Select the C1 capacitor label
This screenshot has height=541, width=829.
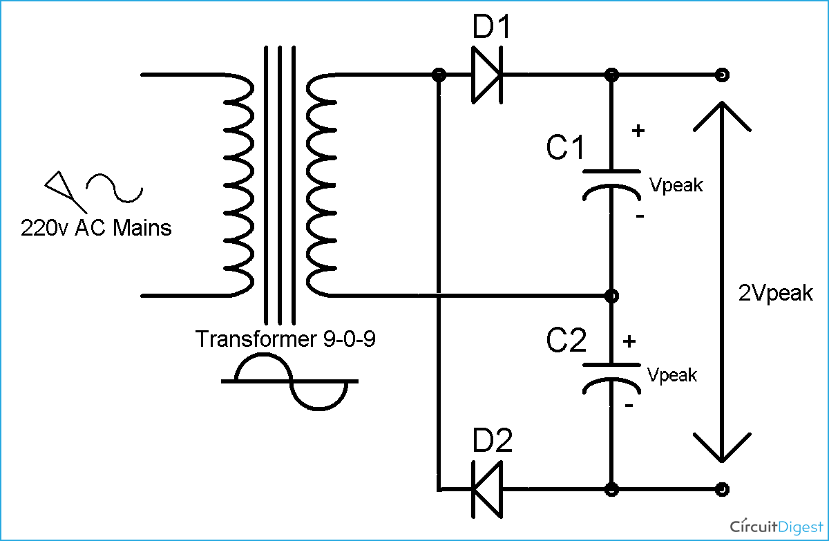[x=566, y=148]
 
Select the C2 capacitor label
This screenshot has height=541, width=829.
[x=566, y=341]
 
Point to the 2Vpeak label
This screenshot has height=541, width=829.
[x=776, y=293]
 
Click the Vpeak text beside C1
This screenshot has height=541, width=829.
[x=676, y=184]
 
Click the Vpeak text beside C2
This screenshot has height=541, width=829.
[x=672, y=374]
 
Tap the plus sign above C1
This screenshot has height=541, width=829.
[x=638, y=130]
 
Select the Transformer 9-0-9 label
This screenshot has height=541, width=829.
[x=285, y=339]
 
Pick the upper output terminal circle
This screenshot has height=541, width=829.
[x=722, y=75]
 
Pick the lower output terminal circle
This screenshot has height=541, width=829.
[x=722, y=488]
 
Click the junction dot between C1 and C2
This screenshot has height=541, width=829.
[x=611, y=296]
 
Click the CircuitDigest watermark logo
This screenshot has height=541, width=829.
[x=772, y=526]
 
